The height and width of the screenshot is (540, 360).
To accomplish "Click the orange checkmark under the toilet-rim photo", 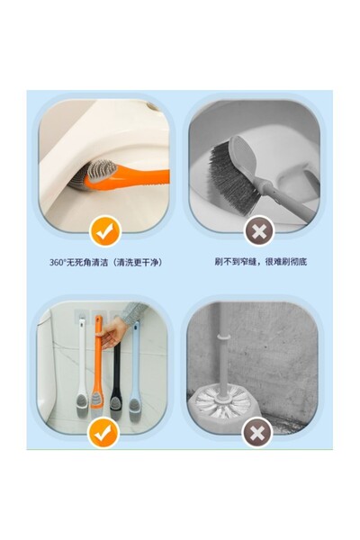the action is click(x=105, y=230).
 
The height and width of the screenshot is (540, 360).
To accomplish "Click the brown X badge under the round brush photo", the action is click(x=257, y=432).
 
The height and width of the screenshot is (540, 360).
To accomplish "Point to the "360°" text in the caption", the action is click(x=58, y=263).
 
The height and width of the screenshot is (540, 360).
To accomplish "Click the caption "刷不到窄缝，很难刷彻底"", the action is click(x=260, y=262).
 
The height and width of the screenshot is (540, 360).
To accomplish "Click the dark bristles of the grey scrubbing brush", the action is click(x=231, y=175).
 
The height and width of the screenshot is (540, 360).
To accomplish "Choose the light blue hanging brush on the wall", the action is click(x=134, y=373).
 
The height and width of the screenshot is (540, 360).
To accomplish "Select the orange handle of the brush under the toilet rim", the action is click(x=137, y=176).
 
